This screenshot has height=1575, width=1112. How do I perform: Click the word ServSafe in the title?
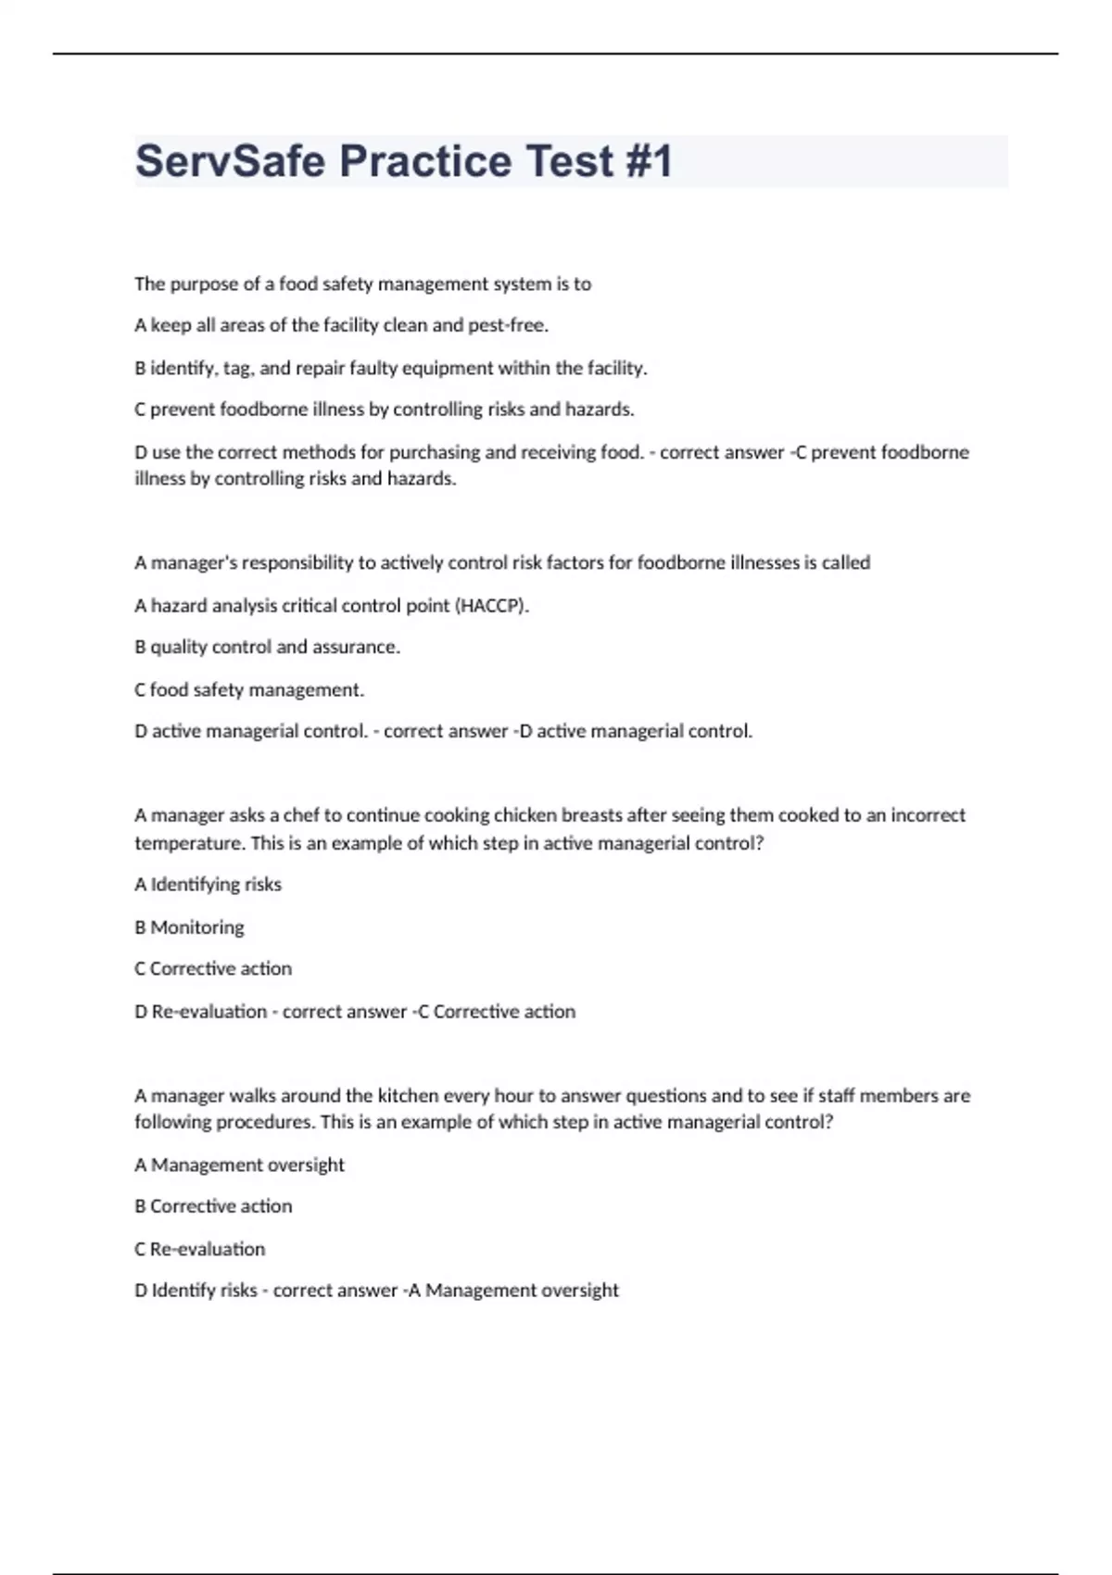pos(229,161)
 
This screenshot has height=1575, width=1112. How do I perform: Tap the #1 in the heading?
pos(649,161)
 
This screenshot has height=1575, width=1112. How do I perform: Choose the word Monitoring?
pos(197,927)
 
